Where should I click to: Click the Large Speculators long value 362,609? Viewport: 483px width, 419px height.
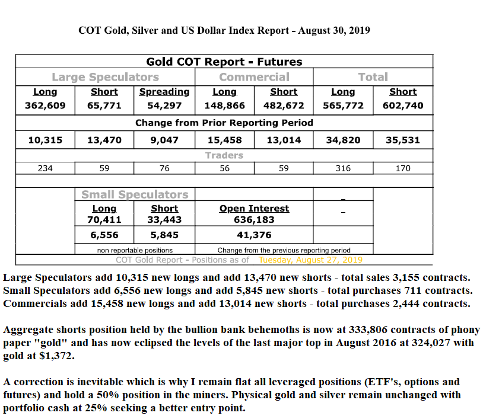(45, 105)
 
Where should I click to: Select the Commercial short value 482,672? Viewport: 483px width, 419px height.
(284, 105)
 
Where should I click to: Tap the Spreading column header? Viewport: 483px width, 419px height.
(164, 92)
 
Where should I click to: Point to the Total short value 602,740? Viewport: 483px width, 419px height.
(403, 105)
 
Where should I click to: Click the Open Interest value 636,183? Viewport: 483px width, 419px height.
(254, 219)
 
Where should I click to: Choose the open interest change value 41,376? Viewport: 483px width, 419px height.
(254, 235)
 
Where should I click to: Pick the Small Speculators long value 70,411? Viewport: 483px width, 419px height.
(104, 219)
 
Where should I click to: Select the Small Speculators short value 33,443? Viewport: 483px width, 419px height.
(164, 219)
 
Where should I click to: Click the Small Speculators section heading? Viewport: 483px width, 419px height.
(135, 194)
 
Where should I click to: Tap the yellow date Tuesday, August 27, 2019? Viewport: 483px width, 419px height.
(311, 260)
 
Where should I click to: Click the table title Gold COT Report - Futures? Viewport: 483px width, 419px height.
(224, 62)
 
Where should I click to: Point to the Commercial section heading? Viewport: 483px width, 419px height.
(254, 77)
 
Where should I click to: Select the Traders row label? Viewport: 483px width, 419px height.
(224, 155)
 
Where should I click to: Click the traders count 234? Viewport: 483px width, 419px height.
(45, 168)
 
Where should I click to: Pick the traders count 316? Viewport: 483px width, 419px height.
(343, 168)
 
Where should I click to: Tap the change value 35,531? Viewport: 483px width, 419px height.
(403, 140)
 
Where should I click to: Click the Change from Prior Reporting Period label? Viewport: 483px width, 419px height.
(224, 123)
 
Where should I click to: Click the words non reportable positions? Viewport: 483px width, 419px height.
(135, 250)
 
